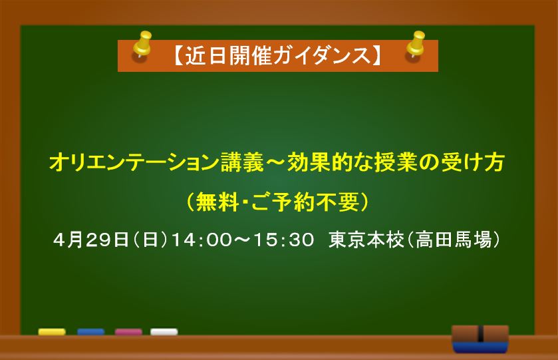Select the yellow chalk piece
52,332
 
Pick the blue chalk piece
90,332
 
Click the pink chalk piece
128,332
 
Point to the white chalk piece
164,332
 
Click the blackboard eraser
480,339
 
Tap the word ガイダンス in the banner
323,56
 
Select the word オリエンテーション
134,162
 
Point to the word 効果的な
330,162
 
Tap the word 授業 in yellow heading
396,162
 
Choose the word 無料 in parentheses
217,202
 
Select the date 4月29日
90,240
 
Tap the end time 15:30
283,240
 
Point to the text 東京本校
366,240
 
